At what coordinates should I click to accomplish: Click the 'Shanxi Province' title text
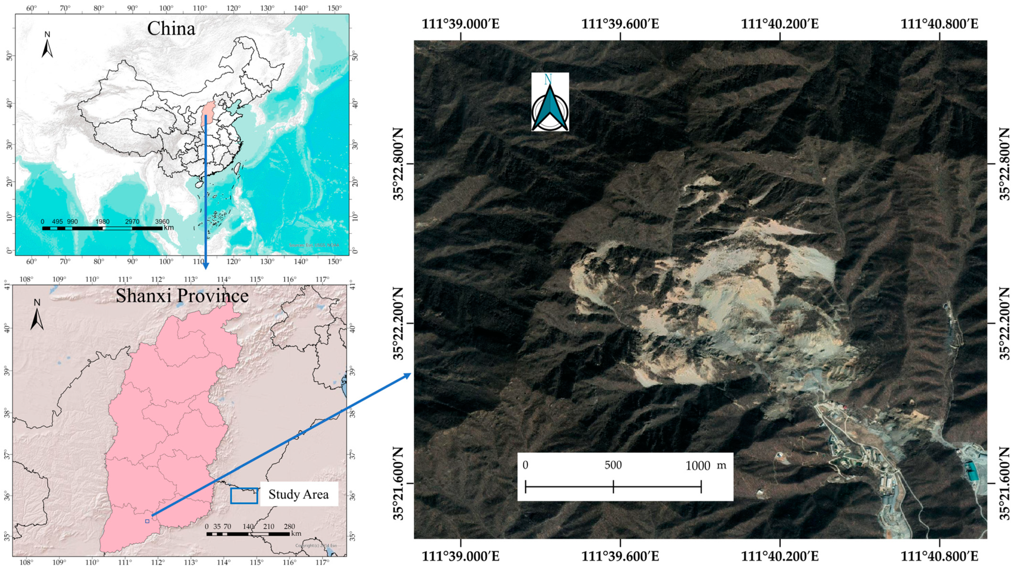182,296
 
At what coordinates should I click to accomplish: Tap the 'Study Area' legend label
299,494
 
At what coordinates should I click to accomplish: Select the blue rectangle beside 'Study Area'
244,496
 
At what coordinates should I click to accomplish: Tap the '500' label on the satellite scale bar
613,465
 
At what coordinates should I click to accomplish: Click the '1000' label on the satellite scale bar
698,466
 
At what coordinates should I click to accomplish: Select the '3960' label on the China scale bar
162,222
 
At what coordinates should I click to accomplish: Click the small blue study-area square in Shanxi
147,521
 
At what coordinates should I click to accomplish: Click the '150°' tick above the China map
335,8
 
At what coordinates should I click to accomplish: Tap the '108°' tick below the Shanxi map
26,562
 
